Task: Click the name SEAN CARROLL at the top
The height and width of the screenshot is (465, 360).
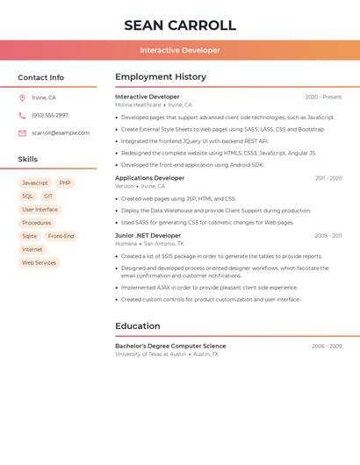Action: tap(180, 25)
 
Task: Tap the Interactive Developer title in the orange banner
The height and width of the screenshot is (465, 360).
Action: tap(180, 50)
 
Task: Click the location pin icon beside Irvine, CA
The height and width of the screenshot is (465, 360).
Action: tap(22, 97)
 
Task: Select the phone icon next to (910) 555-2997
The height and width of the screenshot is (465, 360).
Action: tap(22, 115)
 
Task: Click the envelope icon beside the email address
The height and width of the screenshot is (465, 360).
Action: tap(22, 132)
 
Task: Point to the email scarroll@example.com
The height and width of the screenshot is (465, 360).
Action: tap(61, 132)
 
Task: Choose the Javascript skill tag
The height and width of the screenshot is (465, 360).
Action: tap(35, 183)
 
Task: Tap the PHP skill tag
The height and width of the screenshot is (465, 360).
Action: tap(65, 183)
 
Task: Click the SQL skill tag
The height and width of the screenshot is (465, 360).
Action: tap(27, 197)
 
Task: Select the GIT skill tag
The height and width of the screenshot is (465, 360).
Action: tap(48, 197)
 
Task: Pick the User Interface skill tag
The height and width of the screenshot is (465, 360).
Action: tap(40, 210)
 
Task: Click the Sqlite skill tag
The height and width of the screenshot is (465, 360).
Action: tap(30, 236)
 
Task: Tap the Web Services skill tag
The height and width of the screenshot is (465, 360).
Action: tap(39, 262)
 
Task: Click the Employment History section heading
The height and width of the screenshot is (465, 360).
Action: tap(161, 77)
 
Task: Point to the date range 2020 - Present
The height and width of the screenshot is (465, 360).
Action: tap(323, 97)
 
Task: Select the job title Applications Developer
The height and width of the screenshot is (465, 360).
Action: tap(150, 178)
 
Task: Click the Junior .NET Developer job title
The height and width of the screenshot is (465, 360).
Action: tap(148, 235)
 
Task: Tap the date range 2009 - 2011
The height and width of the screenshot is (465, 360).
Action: tap(328, 235)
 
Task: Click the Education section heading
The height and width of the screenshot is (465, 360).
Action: tap(138, 326)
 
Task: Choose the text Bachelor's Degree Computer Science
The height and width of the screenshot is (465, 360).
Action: tap(170, 346)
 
